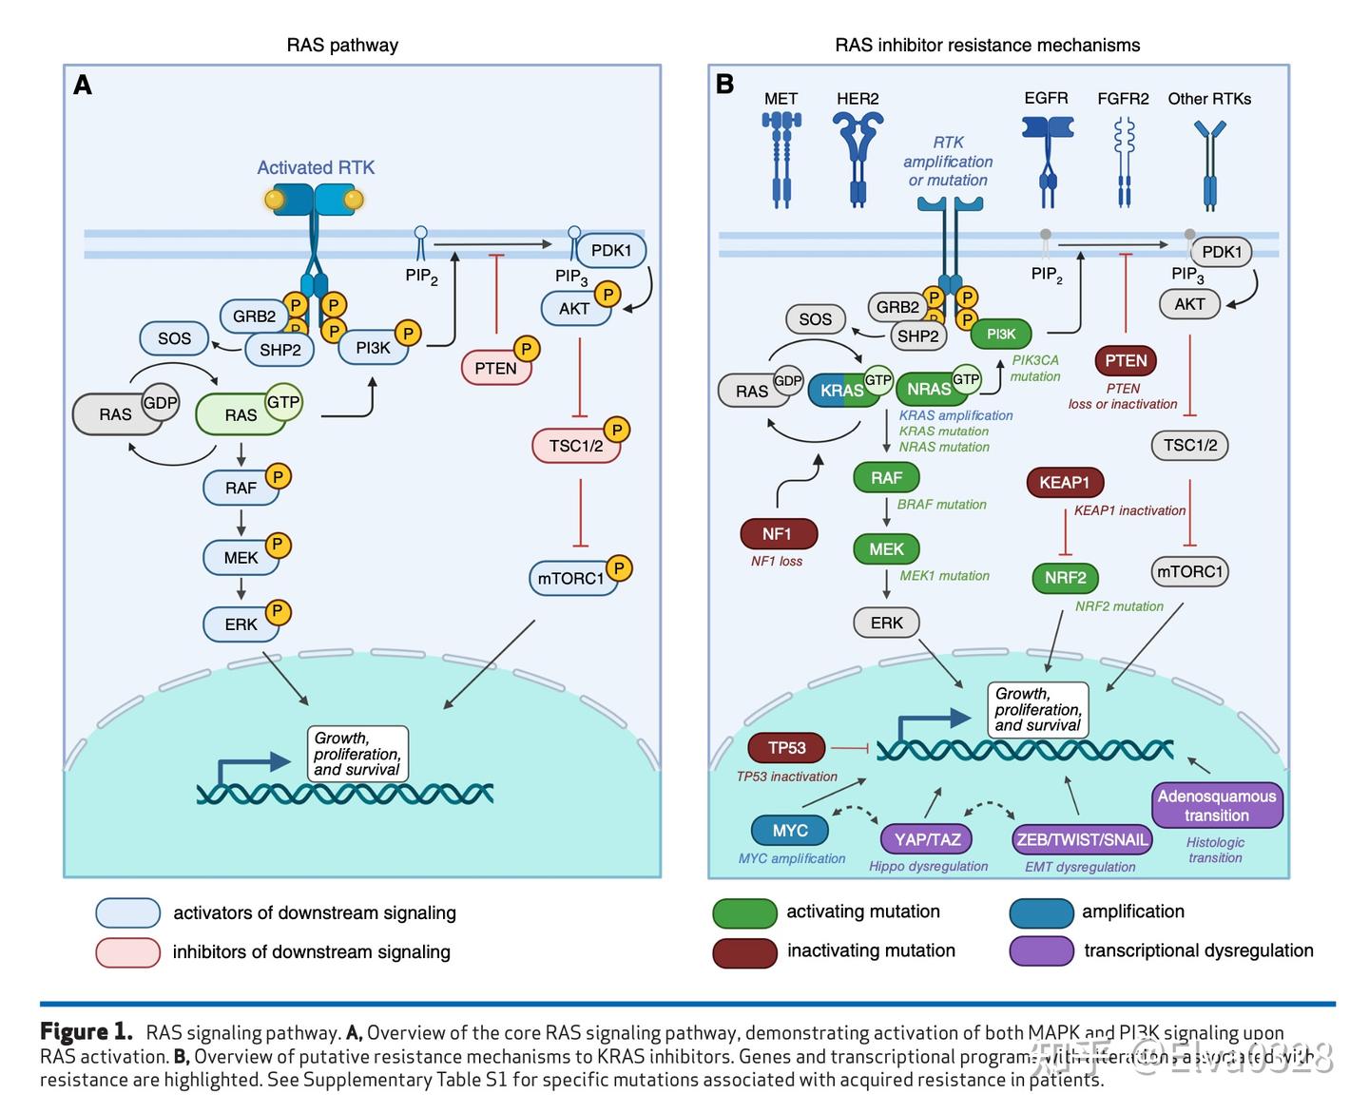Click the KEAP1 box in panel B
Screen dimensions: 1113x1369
coord(1064,483)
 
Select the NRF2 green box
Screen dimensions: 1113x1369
coord(1065,578)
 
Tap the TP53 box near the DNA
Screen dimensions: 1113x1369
coord(787,748)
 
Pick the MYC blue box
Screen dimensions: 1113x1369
coord(790,831)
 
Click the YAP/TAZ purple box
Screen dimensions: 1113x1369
coord(928,839)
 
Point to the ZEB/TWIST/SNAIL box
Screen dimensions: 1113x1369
coord(1082,839)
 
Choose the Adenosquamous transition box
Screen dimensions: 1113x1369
coord(1217,806)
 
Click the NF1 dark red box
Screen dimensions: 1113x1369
coord(777,534)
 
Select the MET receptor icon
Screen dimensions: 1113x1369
coord(781,158)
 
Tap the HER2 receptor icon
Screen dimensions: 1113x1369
coord(858,158)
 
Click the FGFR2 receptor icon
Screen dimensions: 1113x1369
coord(1125,162)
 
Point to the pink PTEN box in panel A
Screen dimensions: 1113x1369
coord(496,368)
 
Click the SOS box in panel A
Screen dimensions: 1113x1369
coord(174,338)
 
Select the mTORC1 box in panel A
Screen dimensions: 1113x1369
coord(571,578)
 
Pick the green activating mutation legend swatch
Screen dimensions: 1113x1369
coord(745,912)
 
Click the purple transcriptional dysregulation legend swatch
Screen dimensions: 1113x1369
coord(1042,951)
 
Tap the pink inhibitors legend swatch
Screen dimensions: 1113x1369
coord(127,952)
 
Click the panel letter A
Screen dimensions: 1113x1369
coord(83,86)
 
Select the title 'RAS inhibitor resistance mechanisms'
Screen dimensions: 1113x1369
coord(987,45)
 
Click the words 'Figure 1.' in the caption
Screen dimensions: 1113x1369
coord(87,1032)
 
